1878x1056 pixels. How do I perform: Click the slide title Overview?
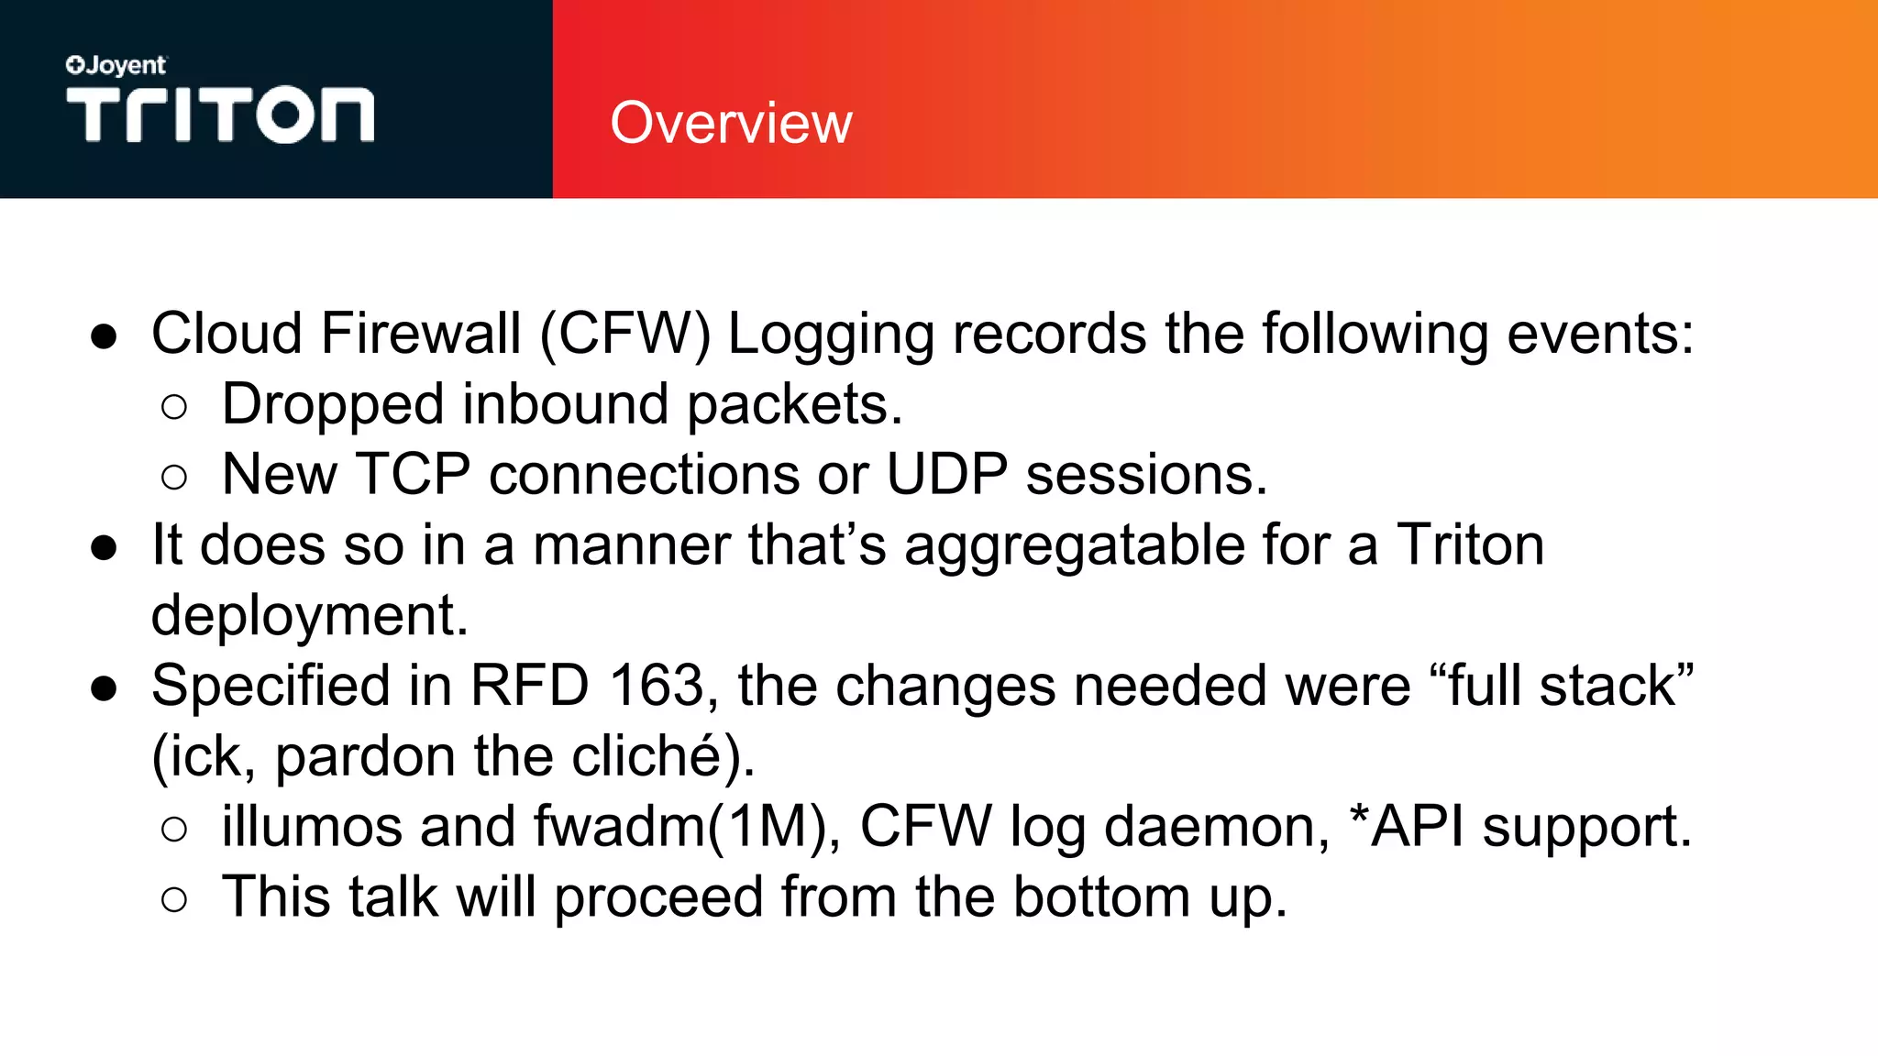point(731,123)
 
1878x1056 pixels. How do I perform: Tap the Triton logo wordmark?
point(220,115)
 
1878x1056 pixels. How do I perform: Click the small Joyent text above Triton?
point(116,66)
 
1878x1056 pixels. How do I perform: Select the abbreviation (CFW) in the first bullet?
point(624,334)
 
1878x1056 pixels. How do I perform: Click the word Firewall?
point(421,334)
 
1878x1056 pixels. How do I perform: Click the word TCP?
point(413,475)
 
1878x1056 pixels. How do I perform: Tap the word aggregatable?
point(1074,545)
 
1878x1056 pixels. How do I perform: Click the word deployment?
point(309,616)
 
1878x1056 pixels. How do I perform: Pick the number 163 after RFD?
point(656,686)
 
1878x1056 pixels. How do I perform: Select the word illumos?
point(312,827)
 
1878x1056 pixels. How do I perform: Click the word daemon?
point(1217,827)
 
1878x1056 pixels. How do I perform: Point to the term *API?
point(1407,827)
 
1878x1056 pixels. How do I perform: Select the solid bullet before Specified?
point(104,687)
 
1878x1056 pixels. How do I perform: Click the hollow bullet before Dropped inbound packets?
point(173,407)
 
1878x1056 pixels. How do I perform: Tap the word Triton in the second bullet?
point(1470,545)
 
